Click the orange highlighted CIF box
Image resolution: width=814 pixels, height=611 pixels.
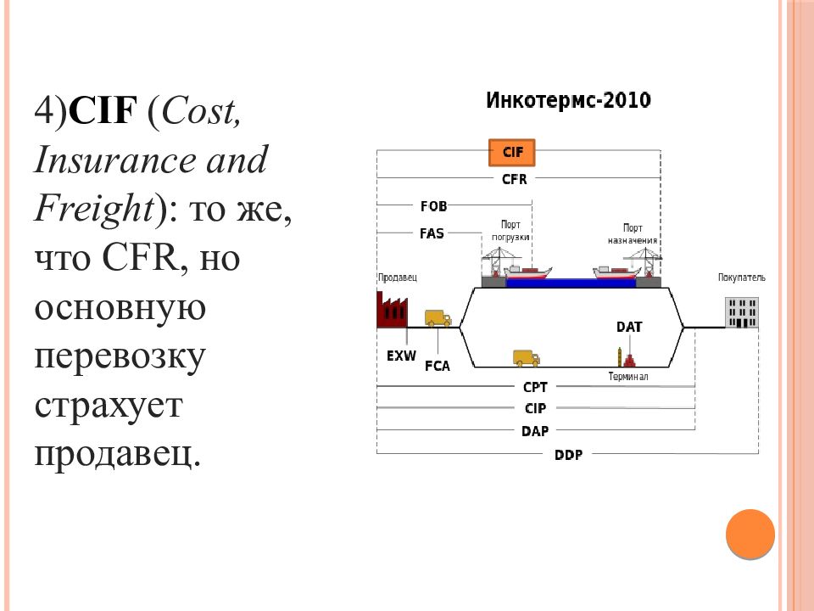(x=512, y=152)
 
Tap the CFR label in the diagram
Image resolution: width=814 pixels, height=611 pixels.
(x=514, y=179)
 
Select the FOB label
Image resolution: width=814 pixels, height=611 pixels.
(x=433, y=206)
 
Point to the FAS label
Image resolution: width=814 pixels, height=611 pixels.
(x=432, y=233)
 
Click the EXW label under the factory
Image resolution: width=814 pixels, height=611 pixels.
(x=401, y=356)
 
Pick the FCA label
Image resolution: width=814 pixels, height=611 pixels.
(x=438, y=367)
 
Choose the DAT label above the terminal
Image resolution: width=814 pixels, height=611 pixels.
(x=629, y=327)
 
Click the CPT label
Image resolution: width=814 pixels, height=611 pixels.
(x=535, y=387)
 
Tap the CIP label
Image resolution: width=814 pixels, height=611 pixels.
(x=535, y=408)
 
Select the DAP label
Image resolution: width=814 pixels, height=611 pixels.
(x=535, y=431)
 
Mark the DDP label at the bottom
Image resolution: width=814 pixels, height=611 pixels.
(x=568, y=455)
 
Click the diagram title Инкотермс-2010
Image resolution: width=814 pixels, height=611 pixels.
(x=568, y=100)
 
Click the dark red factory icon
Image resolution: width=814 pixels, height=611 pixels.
(x=392, y=311)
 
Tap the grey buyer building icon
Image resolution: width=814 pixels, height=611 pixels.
(x=742, y=313)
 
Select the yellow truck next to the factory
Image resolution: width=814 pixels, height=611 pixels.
(x=438, y=318)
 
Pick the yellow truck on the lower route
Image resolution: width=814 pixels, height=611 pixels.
(x=527, y=358)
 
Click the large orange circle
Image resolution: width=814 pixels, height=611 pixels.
(x=750, y=534)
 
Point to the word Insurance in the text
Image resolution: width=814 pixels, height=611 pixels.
(x=115, y=160)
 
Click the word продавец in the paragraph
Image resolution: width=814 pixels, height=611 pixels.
(x=117, y=455)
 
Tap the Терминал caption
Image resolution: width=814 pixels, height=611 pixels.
(x=628, y=376)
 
